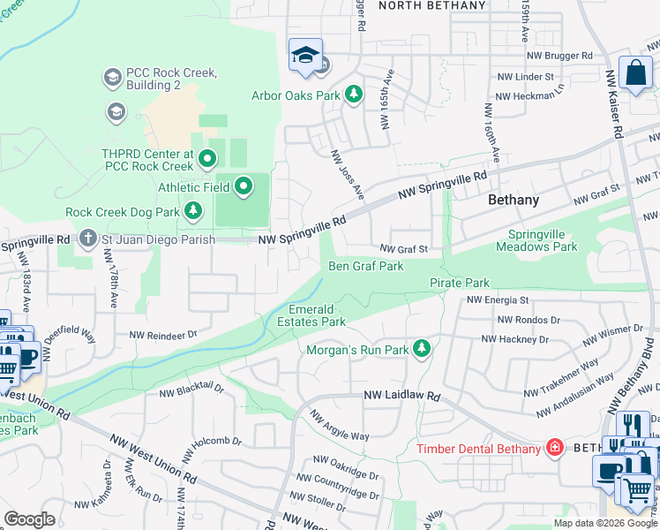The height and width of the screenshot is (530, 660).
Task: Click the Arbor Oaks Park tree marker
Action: click(x=354, y=94)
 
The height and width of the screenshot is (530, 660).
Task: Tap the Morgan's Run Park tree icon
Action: click(x=422, y=350)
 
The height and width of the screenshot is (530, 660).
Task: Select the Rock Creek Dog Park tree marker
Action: click(x=192, y=212)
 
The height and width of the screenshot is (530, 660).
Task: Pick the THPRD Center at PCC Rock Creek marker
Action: click(x=207, y=160)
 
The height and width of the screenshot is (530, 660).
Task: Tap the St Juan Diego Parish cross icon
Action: click(x=86, y=238)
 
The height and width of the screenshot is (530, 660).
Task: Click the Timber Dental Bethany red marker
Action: click(x=554, y=449)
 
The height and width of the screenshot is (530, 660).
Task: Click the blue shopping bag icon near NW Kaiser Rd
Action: click(x=635, y=74)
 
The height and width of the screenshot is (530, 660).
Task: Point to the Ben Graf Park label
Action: click(x=365, y=266)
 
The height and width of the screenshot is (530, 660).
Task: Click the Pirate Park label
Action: click(x=459, y=283)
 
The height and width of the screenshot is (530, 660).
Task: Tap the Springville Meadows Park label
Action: click(x=543, y=240)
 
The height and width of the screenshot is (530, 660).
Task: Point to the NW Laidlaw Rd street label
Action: click(x=401, y=398)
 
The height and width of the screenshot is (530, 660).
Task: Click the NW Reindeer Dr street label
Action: click(x=163, y=335)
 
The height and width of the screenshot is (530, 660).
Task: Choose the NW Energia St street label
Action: click(x=497, y=300)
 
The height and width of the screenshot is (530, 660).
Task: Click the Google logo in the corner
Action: click(x=29, y=519)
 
